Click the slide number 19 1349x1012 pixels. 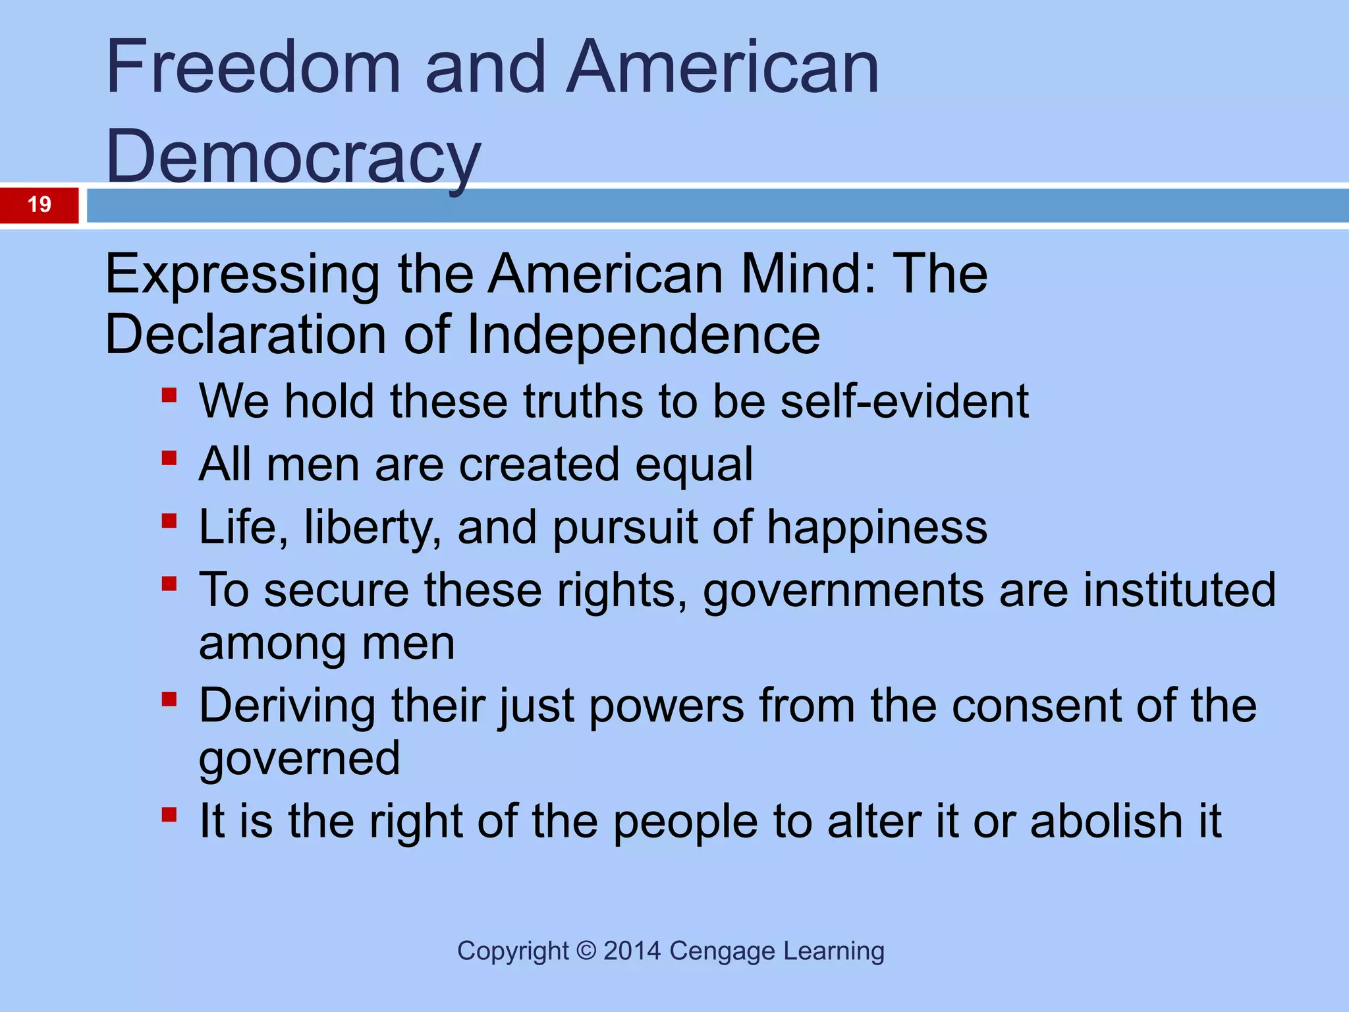coord(40,204)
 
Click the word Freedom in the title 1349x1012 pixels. coord(254,67)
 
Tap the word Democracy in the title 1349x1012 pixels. coord(293,157)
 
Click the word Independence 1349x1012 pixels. coord(644,334)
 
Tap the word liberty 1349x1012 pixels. coord(372,527)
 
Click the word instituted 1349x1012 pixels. coord(1180,590)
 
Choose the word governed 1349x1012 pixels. coord(300,759)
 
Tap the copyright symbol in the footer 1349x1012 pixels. coord(586,951)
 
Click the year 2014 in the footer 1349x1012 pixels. coord(632,951)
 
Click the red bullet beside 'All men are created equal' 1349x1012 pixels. coord(169,458)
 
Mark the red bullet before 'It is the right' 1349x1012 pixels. coord(169,815)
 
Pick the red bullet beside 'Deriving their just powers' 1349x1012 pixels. coord(169,698)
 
